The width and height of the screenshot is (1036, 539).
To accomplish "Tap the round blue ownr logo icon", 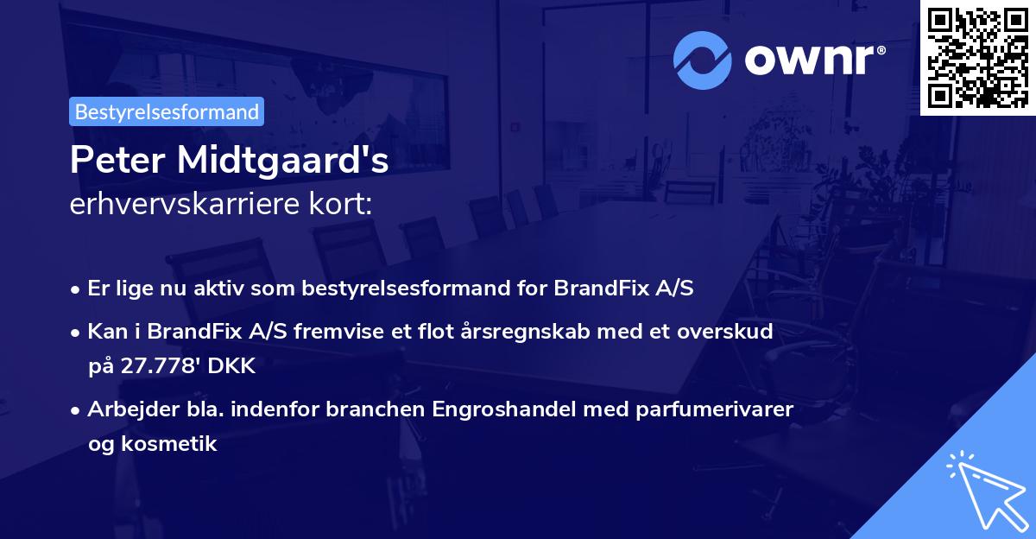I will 703,60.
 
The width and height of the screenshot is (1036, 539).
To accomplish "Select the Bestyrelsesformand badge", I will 167,111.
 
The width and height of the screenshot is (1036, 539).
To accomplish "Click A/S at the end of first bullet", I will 673,289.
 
